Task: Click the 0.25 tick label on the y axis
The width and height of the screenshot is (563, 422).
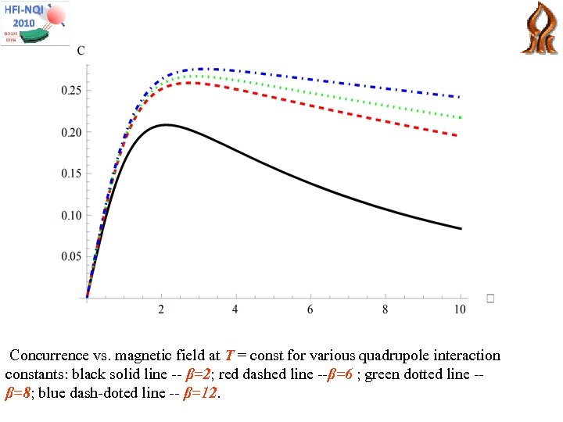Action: click(71, 91)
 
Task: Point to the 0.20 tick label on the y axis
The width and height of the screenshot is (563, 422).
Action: click(71, 132)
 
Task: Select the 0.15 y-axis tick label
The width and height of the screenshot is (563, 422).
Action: click(71, 173)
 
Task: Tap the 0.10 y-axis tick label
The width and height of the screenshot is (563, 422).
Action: click(71, 215)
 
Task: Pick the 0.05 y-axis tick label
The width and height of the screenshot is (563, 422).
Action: click(71, 256)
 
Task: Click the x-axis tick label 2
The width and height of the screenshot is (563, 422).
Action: click(161, 310)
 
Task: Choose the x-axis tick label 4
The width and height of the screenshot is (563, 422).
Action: click(235, 310)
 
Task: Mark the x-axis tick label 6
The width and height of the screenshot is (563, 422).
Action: click(310, 310)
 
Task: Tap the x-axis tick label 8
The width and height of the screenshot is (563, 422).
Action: click(385, 310)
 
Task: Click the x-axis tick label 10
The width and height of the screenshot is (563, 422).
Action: click(460, 310)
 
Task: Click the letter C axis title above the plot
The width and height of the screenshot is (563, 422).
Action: click(81, 51)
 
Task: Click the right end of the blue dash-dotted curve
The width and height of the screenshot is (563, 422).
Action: click(460, 97)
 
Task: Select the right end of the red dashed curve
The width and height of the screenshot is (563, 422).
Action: click(460, 136)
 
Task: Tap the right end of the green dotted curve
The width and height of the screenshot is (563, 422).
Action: click(460, 117)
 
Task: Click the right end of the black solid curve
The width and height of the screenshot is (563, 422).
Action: click(460, 228)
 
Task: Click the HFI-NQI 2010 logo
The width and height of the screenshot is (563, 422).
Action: click(34, 23)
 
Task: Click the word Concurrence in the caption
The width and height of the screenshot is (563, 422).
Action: click(47, 356)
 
